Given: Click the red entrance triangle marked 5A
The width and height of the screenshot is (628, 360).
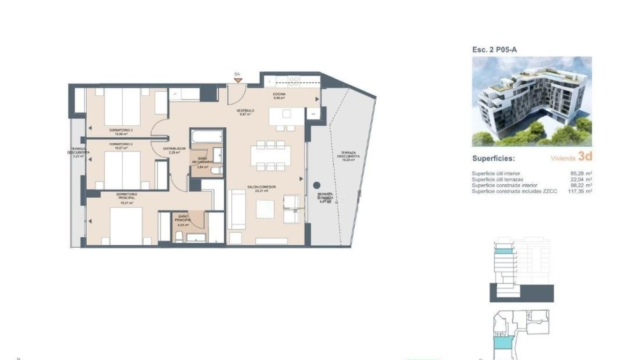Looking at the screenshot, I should [238, 80].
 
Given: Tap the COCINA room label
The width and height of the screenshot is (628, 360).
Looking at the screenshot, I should [279, 94].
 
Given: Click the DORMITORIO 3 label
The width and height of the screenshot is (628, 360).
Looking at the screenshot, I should [121, 130].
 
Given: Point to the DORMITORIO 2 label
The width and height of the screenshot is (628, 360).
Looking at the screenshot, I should [121, 144].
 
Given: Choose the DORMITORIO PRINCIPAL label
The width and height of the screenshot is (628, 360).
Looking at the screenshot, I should [127, 195].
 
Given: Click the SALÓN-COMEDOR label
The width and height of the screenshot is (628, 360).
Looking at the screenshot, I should [262, 187].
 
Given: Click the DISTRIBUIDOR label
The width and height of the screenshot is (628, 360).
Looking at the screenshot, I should [174, 149].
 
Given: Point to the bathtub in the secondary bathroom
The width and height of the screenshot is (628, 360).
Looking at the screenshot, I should [207, 136].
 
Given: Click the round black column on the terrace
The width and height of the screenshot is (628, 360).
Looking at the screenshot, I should [317, 185].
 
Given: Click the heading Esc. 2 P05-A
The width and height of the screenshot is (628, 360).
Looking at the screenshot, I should [494, 49].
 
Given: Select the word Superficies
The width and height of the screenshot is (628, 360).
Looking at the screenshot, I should [493, 158].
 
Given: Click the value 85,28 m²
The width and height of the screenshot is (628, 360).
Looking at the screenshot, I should [581, 174].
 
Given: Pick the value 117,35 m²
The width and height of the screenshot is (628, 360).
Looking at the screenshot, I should [579, 191].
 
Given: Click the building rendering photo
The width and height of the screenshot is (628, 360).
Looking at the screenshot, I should [532, 101].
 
